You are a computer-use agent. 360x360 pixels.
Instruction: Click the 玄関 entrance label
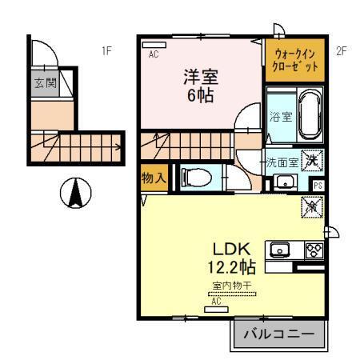[x=44, y=82]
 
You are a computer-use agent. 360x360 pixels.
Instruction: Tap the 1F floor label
[x=106, y=52]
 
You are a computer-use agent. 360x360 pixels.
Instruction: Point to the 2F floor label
[x=340, y=52]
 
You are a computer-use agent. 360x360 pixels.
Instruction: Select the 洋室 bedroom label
[x=202, y=78]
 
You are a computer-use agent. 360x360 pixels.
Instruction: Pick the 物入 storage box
[x=154, y=178]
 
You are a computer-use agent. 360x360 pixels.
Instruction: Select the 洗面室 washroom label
[x=282, y=161]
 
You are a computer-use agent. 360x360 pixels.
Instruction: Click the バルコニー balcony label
[x=279, y=334]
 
